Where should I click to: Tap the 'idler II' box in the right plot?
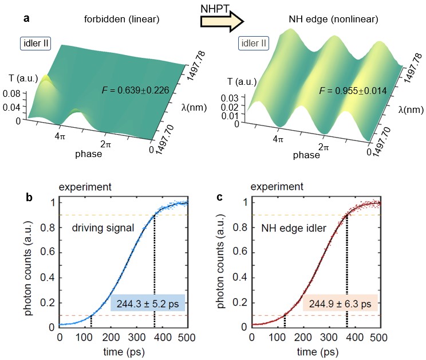255,44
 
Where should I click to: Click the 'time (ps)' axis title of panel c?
314,350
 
